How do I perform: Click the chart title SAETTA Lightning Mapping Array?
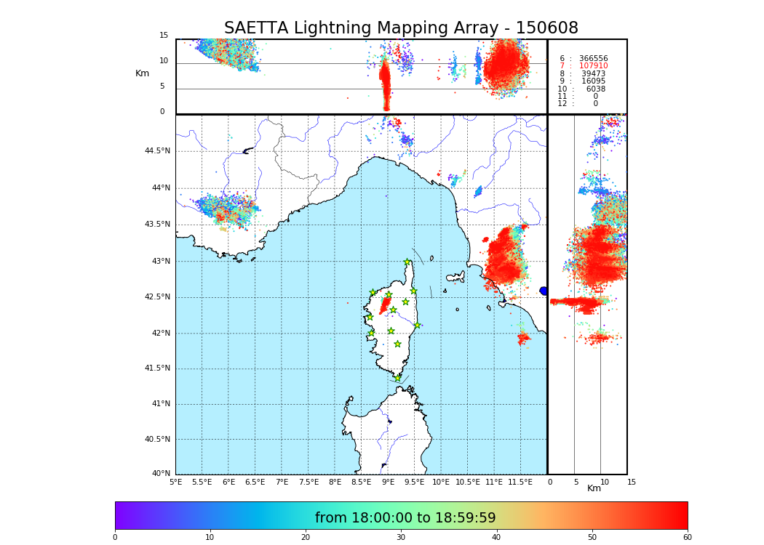tap(401, 28)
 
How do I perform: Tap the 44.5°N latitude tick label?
tap(157, 151)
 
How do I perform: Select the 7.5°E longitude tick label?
tap(309, 482)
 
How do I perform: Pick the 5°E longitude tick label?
tap(175, 482)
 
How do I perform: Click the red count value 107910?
tap(593, 66)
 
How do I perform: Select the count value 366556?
tap(593, 59)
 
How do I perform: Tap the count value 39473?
tap(593, 74)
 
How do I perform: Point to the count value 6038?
tap(595, 89)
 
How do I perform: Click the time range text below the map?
tap(405, 518)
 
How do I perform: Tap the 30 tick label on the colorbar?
tap(401, 538)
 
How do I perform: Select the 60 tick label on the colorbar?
tap(687, 538)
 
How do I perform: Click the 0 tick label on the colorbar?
tap(115, 538)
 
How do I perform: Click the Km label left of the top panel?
tap(142, 73)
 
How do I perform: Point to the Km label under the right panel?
tap(594, 488)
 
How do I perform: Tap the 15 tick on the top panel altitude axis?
tap(164, 36)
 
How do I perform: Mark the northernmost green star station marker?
tap(407, 262)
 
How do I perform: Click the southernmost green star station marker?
tap(397, 378)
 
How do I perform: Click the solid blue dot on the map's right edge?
tap(543, 291)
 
